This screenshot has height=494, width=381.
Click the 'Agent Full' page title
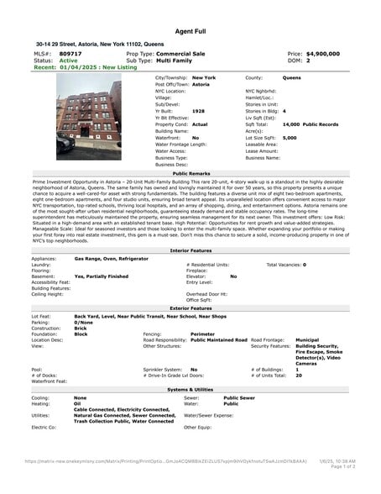tap(190, 31)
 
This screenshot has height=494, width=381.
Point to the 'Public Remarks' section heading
tap(190, 172)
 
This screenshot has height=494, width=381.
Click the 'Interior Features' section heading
tap(190, 251)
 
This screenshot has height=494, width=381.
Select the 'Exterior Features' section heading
tap(190, 308)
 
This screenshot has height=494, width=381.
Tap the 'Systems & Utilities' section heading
tap(190, 390)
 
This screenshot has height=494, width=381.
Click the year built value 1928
tap(198, 111)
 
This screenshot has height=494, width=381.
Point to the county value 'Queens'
tap(291, 77)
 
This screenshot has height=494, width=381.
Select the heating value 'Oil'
tap(78, 403)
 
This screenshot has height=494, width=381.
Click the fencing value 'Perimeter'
tap(203, 334)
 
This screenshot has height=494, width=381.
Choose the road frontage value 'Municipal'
tap(308, 339)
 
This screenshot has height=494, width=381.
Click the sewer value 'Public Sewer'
tap(239, 397)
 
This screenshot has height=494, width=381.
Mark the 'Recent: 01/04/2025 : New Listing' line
tap(76, 67)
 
